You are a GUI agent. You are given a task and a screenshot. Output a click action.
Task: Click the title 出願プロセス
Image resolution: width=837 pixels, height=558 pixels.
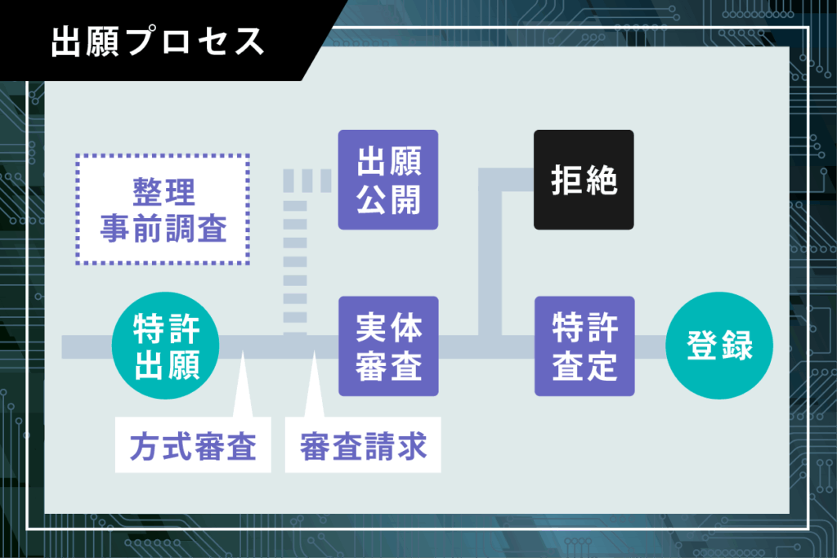(158, 42)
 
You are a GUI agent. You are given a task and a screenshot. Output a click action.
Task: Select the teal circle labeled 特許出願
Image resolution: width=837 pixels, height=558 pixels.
(165, 346)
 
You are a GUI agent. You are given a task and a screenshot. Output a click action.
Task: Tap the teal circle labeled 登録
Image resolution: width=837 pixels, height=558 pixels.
(719, 346)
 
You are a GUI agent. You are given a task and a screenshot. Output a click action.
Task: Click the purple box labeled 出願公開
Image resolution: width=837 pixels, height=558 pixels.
(388, 180)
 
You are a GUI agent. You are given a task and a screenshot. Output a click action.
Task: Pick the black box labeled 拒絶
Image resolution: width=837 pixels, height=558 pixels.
(584, 180)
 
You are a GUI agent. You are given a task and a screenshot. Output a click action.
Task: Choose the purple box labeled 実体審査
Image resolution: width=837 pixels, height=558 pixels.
(388, 346)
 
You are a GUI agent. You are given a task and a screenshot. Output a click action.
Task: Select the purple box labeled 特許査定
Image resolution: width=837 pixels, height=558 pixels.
(584, 346)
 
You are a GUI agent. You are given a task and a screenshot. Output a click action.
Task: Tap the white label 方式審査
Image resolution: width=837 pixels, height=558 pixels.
(193, 445)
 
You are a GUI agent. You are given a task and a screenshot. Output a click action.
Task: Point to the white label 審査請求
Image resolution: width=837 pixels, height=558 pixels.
(363, 445)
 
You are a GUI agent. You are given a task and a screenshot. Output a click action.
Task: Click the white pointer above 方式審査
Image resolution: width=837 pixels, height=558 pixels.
(243, 384)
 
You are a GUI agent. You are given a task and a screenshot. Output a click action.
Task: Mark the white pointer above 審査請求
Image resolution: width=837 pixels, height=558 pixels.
(315, 384)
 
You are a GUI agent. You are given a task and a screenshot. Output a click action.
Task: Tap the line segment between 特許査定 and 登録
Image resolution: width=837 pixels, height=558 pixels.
(650, 346)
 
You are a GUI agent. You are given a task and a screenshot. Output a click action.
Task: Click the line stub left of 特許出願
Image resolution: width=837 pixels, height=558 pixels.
(87, 346)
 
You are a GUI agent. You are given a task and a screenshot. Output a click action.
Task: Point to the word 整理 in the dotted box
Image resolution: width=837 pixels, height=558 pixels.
(163, 192)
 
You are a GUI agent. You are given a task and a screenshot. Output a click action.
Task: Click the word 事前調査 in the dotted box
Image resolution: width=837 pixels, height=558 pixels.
(163, 228)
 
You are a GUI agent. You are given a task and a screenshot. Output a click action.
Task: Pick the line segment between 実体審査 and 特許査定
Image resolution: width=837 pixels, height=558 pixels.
(486, 346)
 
